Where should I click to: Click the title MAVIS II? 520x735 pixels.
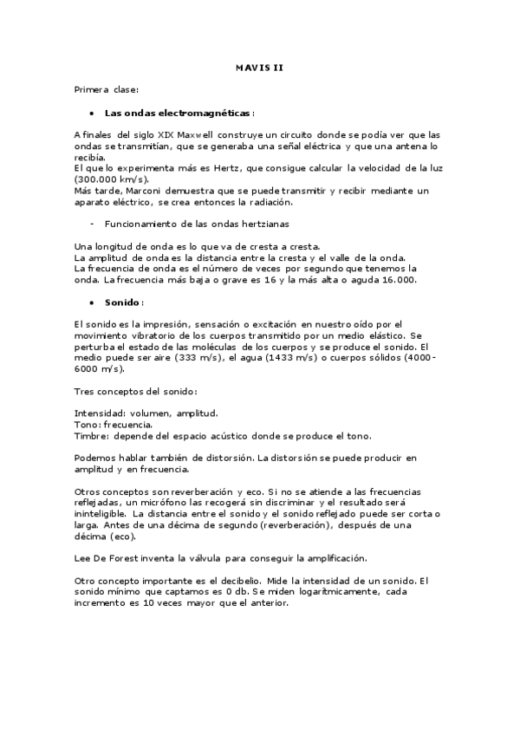(x=259, y=67)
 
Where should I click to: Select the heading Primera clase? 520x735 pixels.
(x=106, y=89)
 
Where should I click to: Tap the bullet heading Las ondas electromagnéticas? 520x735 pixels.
(x=179, y=113)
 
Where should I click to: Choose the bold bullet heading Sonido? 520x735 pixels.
(x=122, y=302)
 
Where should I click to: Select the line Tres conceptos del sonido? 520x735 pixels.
(x=135, y=391)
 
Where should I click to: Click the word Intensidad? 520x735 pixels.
(x=100, y=413)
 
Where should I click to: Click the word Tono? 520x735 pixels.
(x=88, y=425)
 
